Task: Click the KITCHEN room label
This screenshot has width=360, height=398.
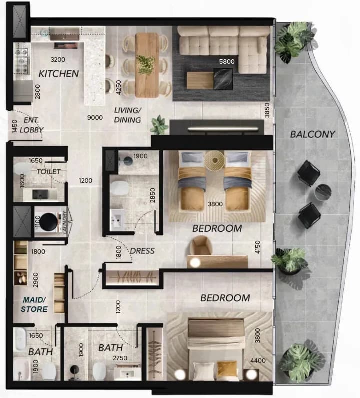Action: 58,74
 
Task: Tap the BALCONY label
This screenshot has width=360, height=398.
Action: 312,134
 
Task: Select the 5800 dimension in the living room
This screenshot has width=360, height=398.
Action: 227,61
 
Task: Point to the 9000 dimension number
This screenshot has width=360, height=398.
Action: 95,117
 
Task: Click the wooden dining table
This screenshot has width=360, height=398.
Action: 147,65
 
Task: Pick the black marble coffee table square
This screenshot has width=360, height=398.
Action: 223,79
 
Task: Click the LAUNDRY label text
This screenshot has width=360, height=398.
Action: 64,222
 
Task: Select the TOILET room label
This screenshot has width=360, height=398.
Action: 49,172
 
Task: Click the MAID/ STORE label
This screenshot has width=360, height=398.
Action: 34,304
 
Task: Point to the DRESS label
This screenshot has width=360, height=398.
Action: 142,251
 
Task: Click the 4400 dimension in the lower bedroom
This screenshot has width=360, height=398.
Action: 258,360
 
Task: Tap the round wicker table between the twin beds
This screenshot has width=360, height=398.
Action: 215,160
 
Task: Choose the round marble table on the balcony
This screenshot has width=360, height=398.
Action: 323,192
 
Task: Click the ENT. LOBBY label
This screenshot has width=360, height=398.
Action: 32,125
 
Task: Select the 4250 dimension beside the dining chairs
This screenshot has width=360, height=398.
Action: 118,87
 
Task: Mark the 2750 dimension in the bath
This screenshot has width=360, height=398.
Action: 120,358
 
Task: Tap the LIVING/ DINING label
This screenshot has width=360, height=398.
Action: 127,115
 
